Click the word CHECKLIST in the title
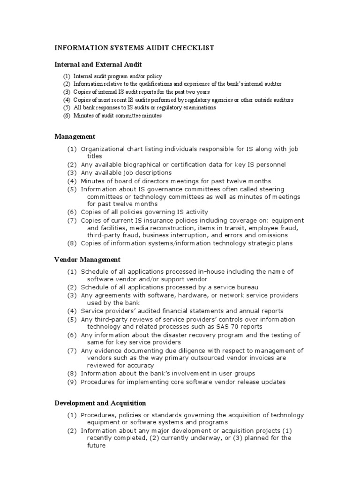coord(192,48)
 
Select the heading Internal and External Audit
coord(98,64)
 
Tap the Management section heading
coord(75,136)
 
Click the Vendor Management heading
coord(87,259)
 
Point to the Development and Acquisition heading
coord(100,403)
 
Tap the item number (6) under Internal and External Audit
coord(67,116)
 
